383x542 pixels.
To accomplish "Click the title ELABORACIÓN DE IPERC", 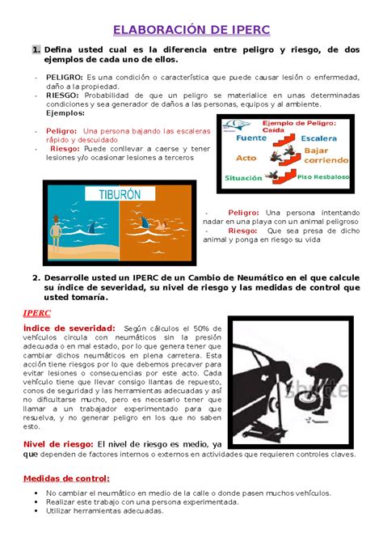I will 191,31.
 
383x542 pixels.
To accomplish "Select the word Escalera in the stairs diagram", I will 321,138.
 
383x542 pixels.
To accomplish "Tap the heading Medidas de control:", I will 65,477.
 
